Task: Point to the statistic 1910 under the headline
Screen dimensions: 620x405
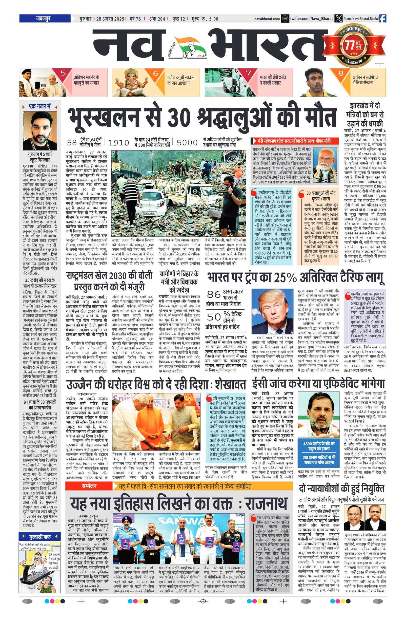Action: pos(118,142)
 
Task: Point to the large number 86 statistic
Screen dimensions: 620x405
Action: pos(214,294)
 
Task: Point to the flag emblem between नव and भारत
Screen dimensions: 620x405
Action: pos(187,47)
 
